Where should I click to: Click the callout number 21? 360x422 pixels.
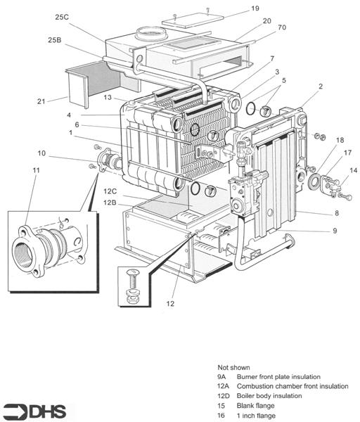pyautogui.click(x=42, y=101)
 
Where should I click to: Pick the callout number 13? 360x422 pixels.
pyautogui.click(x=108, y=97)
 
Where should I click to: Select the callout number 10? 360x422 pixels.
pyautogui.click(x=41, y=153)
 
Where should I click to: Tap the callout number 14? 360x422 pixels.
pyautogui.click(x=352, y=171)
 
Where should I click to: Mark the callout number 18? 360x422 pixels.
pyautogui.click(x=340, y=140)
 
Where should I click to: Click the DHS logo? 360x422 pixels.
pyautogui.click(x=32, y=410)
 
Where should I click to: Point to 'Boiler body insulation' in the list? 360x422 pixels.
pyautogui.click(x=269, y=395)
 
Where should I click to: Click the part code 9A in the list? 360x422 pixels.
pyautogui.click(x=222, y=376)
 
